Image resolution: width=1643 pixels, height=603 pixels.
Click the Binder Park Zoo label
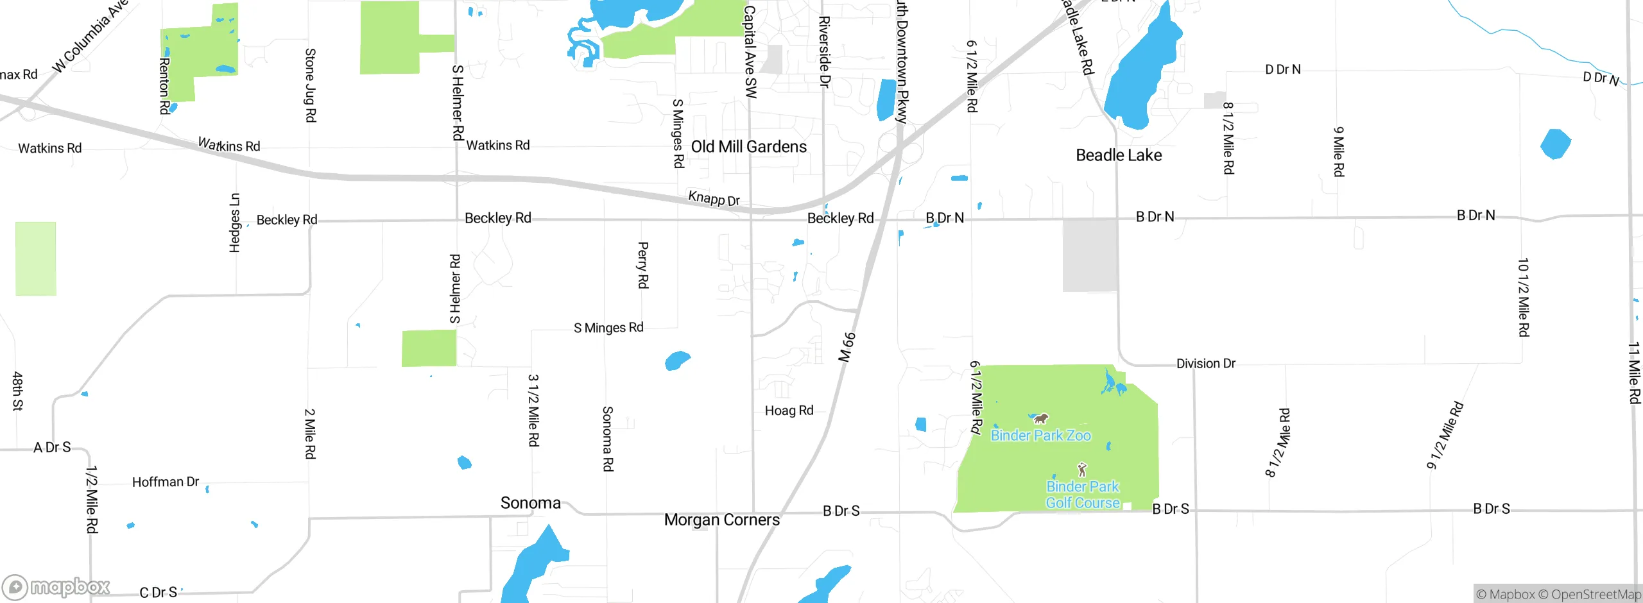click(x=1040, y=436)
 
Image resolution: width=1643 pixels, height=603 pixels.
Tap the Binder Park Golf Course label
click(x=1083, y=495)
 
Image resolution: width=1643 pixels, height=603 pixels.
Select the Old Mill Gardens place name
click(x=748, y=147)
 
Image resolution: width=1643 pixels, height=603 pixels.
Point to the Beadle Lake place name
click(x=1119, y=155)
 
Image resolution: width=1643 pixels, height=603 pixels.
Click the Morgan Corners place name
click(x=721, y=520)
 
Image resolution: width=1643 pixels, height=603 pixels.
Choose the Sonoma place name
click(x=530, y=503)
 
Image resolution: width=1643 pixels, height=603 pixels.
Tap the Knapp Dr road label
click(x=714, y=198)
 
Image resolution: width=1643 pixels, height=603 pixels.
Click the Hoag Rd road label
click(x=789, y=411)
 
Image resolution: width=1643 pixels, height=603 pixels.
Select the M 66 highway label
click(x=847, y=347)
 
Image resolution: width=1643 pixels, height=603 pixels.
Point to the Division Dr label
click(x=1205, y=364)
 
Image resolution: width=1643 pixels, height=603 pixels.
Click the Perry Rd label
click(x=642, y=265)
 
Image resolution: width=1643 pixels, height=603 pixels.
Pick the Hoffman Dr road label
click(x=166, y=482)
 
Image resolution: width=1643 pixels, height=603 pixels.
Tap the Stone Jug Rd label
click(x=310, y=85)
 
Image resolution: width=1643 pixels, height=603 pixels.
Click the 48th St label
click(x=17, y=391)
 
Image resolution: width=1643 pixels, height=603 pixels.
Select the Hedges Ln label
click(x=235, y=223)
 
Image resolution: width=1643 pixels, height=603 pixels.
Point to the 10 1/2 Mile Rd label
click(x=1523, y=297)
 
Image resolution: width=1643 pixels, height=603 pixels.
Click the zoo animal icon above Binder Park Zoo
click(x=1040, y=419)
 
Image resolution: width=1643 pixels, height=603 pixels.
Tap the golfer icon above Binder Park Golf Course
click(x=1082, y=469)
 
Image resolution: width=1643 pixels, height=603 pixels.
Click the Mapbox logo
click(x=56, y=586)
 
